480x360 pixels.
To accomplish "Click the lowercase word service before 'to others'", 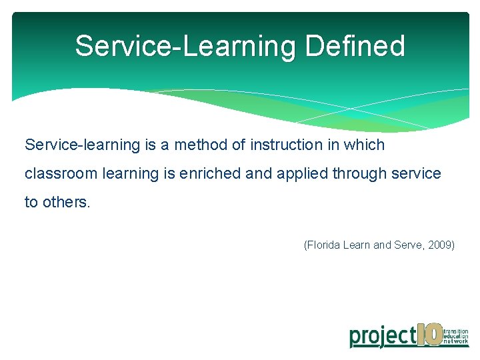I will pyautogui.click(x=416, y=174).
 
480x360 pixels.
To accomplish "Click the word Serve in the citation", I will pyautogui.click(x=409, y=245).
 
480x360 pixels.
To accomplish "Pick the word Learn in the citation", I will pyautogui.click(x=358, y=245).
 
